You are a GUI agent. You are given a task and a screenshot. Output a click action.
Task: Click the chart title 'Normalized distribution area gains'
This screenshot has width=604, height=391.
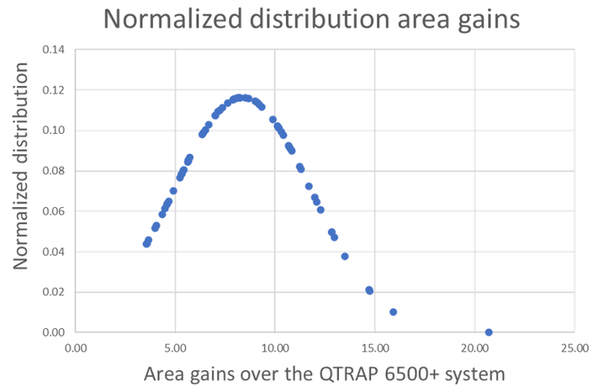pos(312,19)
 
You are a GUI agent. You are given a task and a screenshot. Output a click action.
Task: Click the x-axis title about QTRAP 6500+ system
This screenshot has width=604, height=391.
pos(324,374)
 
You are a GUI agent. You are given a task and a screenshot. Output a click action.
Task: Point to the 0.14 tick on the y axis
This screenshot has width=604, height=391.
pos(53,50)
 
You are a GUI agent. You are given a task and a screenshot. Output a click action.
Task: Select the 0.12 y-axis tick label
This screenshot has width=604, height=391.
pos(53,90)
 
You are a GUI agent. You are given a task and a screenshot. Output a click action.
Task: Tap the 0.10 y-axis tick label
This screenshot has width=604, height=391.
pos(53,131)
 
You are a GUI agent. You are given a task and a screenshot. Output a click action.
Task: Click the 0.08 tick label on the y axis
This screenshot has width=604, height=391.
pos(53,171)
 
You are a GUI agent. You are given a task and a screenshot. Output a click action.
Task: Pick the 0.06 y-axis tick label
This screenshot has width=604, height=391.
pos(53,211)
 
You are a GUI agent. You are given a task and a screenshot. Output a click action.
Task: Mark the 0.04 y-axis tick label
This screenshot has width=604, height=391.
pos(53,252)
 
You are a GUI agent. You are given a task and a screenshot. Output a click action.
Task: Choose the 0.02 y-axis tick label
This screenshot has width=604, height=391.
pos(53,292)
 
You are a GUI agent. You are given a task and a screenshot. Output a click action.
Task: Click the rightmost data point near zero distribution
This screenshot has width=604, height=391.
pos(489,332)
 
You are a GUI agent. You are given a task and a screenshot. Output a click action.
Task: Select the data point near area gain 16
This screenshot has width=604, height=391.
pos(393,312)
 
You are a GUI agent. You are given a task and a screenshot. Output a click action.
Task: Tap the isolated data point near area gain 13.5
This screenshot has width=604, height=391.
pos(345,256)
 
